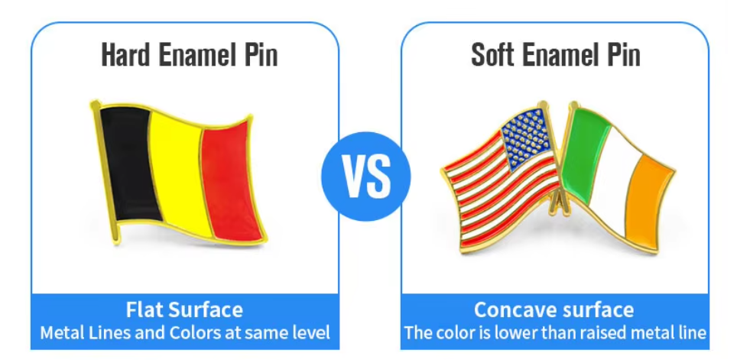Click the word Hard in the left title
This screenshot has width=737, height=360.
[125, 54]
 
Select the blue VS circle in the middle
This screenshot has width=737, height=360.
[365, 177]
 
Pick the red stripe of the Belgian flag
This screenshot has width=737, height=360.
[231, 181]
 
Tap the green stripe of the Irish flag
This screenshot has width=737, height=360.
[582, 154]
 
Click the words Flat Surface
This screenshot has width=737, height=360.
[184, 310]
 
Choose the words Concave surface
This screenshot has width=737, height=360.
[554, 310]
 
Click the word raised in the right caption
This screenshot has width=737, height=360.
[603, 332]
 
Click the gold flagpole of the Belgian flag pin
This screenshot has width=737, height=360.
[106, 172]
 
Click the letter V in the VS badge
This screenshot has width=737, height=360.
[353, 177]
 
